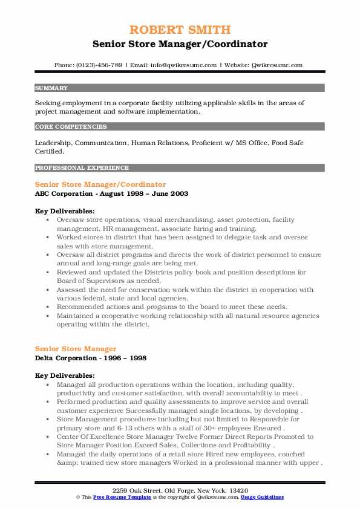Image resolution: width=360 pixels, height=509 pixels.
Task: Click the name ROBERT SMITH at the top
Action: (180, 30)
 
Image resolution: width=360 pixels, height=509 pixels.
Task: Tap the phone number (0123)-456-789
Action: (97, 65)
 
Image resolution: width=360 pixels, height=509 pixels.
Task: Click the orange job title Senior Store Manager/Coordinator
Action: (100, 184)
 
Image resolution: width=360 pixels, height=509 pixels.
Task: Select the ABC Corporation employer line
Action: (111, 193)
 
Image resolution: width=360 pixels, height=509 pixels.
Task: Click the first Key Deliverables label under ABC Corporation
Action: (65, 210)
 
